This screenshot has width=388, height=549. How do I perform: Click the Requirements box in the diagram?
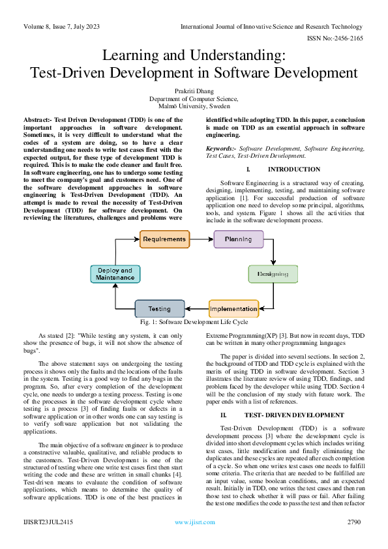point(164,239)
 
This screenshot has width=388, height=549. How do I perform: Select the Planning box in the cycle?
point(238,239)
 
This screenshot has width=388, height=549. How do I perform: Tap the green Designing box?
point(273,274)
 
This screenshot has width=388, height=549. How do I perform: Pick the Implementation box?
point(233,308)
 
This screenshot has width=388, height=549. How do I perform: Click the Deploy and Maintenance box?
point(115,274)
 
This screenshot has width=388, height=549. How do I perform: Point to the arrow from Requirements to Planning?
point(201,239)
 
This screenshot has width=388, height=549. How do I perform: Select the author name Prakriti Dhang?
point(194,92)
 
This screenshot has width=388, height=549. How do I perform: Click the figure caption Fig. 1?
point(194,322)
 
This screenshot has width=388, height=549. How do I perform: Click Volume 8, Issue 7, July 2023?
point(62,27)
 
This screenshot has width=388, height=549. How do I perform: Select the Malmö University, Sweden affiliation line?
point(194,106)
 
